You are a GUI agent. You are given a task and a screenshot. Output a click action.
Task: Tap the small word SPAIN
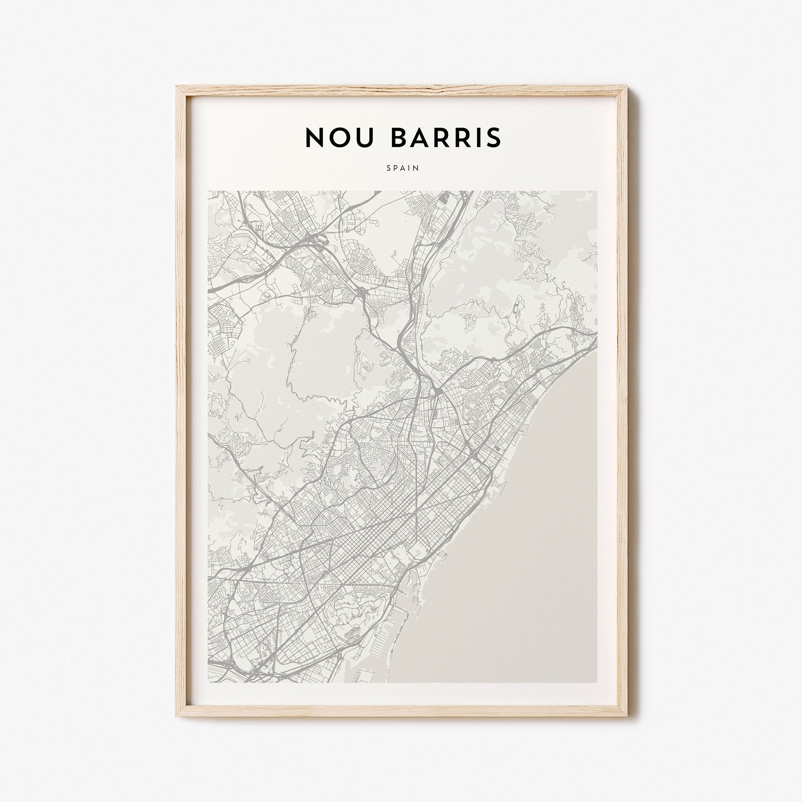403,168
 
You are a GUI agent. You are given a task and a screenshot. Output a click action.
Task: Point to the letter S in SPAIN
388,168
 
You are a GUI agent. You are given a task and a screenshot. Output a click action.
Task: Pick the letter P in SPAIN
396,168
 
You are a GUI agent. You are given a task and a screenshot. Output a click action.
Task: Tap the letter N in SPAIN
417,168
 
